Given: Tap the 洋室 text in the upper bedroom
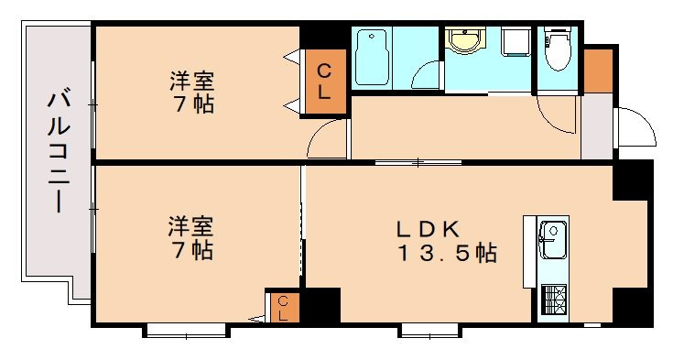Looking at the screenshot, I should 191,81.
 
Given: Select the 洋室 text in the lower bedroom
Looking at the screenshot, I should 190,225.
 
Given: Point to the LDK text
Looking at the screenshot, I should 427,229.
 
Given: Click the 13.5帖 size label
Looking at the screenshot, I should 446,253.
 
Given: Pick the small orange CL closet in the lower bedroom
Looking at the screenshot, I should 283,306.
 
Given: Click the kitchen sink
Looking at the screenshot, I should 552,240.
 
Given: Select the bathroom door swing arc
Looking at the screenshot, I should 426,73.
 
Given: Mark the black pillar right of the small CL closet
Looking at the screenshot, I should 320,304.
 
